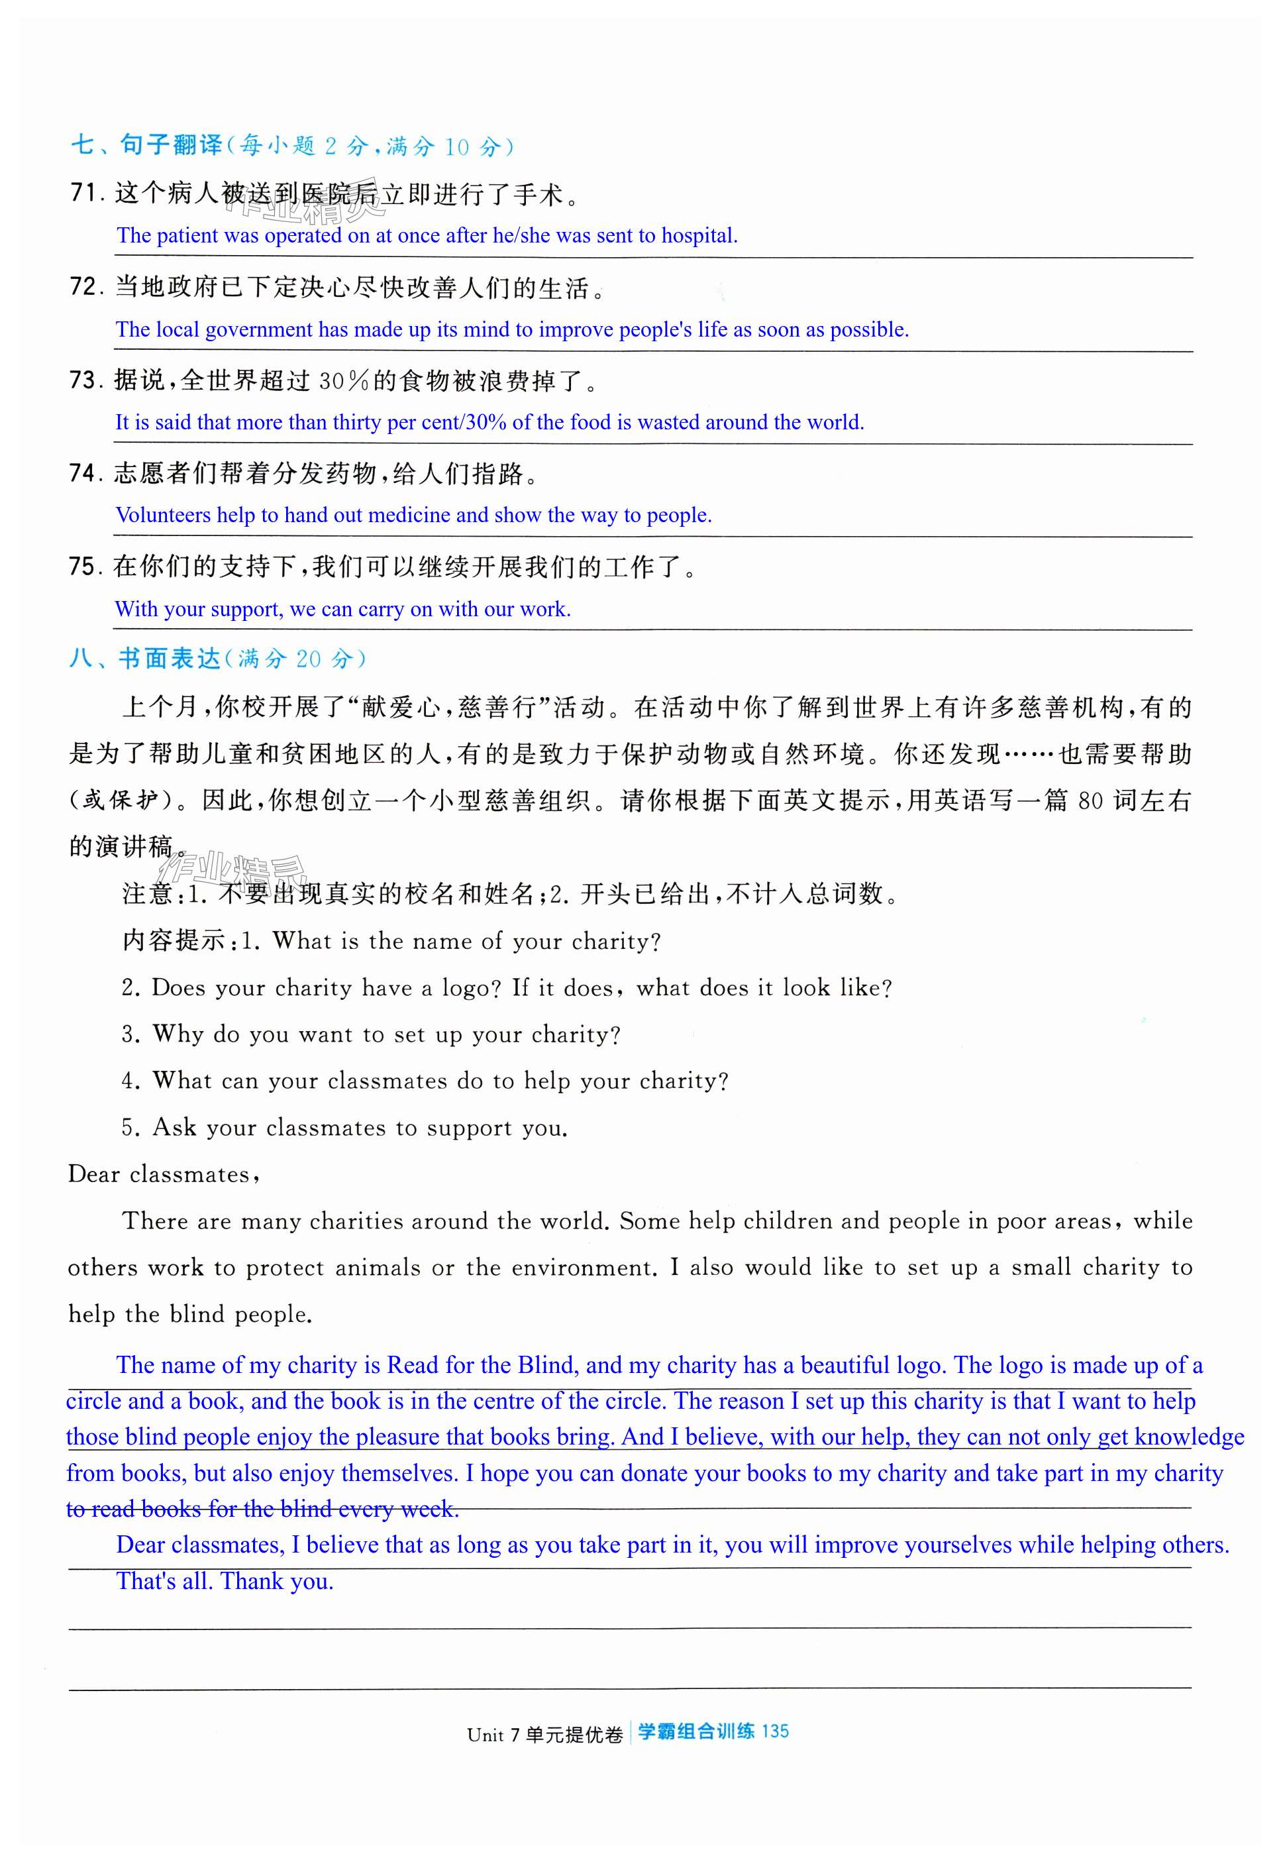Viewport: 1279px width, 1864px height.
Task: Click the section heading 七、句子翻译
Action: pyautogui.click(x=146, y=145)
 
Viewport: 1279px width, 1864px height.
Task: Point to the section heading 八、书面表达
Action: pyautogui.click(x=144, y=659)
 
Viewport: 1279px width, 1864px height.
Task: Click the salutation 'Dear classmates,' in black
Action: pyautogui.click(x=164, y=1174)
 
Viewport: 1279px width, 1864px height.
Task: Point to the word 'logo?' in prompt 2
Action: pyautogui.click(x=472, y=987)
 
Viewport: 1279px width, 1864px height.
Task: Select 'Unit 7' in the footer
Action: pyautogui.click(x=493, y=1734)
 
